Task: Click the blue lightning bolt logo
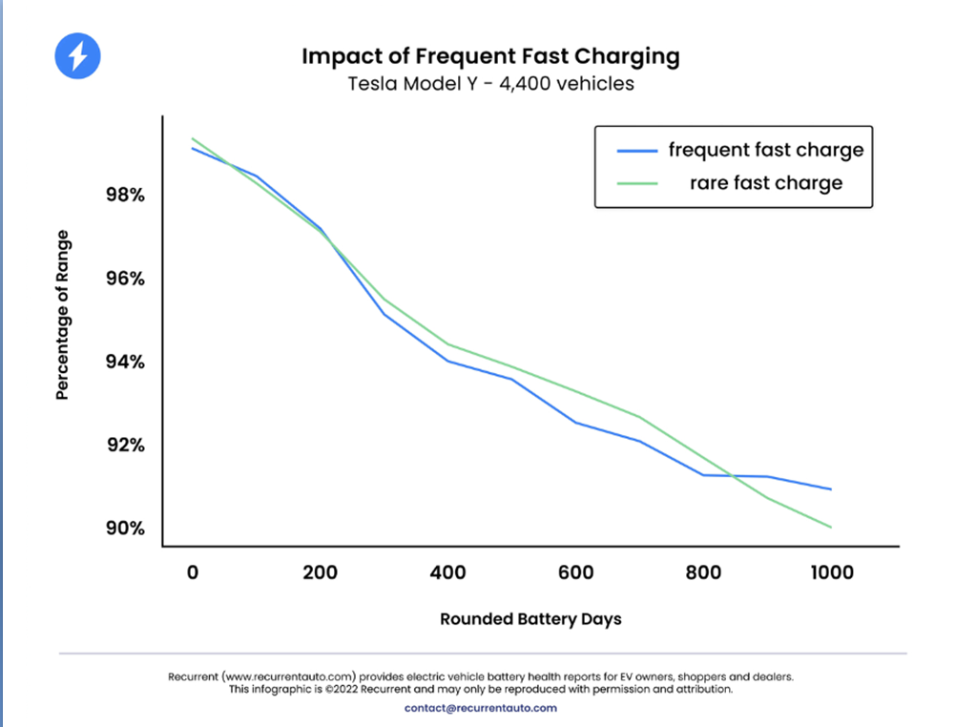[78, 56]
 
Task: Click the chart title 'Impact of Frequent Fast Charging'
[490, 56]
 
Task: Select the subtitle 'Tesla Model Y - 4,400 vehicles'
[490, 83]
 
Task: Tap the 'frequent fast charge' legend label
[765, 150]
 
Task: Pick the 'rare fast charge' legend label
[765, 183]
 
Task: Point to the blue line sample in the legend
[636, 151]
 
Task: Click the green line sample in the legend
[636, 183]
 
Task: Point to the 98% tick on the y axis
[125, 195]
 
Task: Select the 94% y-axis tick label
[125, 362]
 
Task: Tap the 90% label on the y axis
[125, 529]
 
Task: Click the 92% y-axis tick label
[125, 445]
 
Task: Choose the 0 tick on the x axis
[193, 572]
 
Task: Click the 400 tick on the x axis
[448, 572]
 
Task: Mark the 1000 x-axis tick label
[832, 572]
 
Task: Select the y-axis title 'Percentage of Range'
[62, 315]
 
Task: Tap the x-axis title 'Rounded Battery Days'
[530, 619]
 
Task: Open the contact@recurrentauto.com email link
[481, 708]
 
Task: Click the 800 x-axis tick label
[703, 572]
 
